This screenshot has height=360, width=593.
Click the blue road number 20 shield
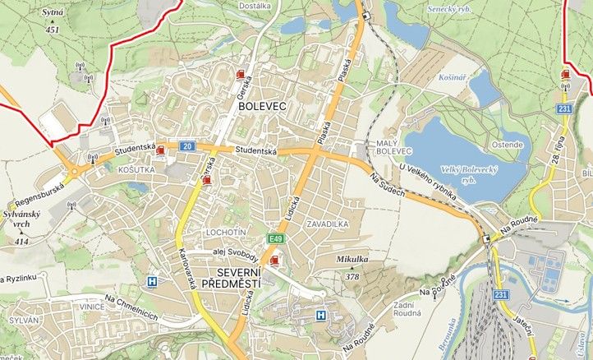tap(187, 146)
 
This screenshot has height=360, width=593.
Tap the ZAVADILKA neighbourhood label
tap(327, 224)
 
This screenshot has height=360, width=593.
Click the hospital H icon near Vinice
tap(151, 281)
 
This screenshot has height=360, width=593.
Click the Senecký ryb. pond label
tap(449, 9)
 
